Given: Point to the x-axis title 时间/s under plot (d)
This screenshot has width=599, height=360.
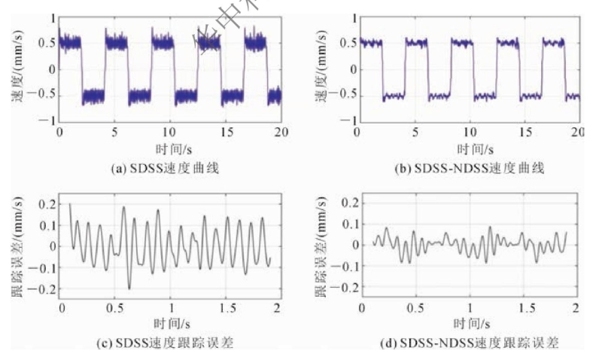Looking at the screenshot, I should (x=470, y=325).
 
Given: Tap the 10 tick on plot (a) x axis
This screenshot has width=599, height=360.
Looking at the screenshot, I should (x=171, y=132).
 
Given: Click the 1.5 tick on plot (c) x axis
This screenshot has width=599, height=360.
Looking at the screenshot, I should (x=223, y=309).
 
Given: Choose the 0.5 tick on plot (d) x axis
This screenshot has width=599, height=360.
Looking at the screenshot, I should (x=415, y=309).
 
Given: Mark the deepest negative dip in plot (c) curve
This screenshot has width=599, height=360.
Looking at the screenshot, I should (x=129, y=288).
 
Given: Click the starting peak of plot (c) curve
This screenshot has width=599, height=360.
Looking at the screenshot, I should (x=70, y=204).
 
